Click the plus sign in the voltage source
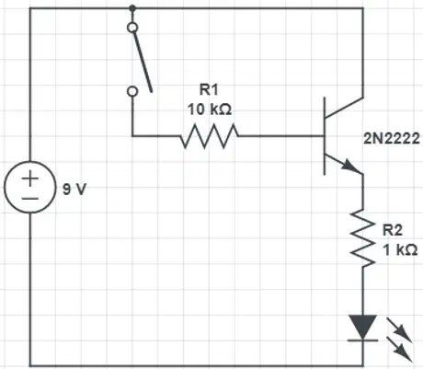pyautogui.click(x=30, y=179)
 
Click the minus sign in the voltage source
pyautogui.click(x=30, y=199)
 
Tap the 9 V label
pyautogui.click(x=74, y=189)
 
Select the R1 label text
pyautogui.click(x=209, y=89)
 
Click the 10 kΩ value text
pyautogui.click(x=210, y=110)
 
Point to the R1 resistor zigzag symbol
pyautogui.click(x=210, y=136)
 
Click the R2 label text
pyautogui.click(x=392, y=230)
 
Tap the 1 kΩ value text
pyautogui.click(x=400, y=249)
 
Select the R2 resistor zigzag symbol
pyautogui.click(x=363, y=237)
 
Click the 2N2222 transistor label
pyautogui.click(x=392, y=138)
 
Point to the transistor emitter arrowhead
pyautogui.click(x=351, y=166)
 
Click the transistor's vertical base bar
pyautogui.click(x=325, y=136)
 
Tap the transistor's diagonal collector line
pyautogui.click(x=344, y=108)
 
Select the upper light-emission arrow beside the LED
pyautogui.click(x=399, y=329)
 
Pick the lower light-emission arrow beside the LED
pyautogui.click(x=399, y=349)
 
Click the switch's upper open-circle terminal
pyautogui.click(x=132, y=28)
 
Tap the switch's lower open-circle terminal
pyautogui.click(x=132, y=91)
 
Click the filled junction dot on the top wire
pyautogui.click(x=132, y=8)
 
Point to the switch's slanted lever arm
pyautogui.click(x=143, y=61)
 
